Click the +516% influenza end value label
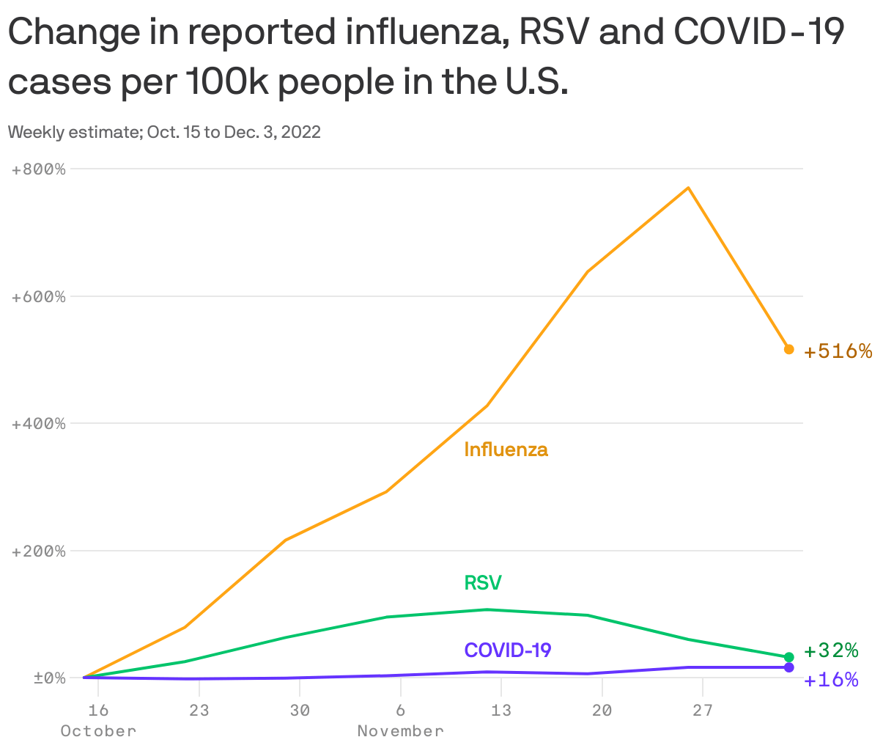pos(838,351)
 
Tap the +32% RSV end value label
pos(831,650)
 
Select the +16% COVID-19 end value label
pos(831,680)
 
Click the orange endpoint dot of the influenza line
pos(788,349)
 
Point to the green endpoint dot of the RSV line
pos(788,657)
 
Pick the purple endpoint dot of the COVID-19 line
pos(788,667)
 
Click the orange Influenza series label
pos(506,449)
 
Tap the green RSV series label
pos(483,583)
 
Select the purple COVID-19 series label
pos(508,650)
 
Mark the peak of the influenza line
pos(688,188)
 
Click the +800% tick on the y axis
pos(39,169)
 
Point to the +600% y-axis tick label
pos(39,297)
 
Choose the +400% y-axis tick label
pos(39,424)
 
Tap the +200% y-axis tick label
pos(39,551)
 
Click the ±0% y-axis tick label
pos(49,678)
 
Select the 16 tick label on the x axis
pos(98,710)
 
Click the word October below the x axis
pos(98,731)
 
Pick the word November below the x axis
pos(400,731)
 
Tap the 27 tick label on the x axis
pos(703,710)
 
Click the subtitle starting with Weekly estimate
pos(164,133)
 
